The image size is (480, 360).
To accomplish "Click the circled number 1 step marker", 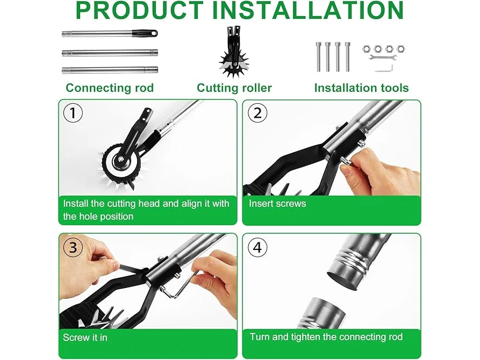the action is click(73, 113).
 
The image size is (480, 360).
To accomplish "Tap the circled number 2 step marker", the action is click(257, 113).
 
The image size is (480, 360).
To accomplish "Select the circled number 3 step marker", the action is click(73, 247).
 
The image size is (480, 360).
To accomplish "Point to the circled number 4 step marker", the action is click(257, 247).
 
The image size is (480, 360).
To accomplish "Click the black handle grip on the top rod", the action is click(145, 33).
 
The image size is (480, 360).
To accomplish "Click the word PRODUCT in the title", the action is click(140, 10).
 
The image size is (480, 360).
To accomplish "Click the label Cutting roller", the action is click(234, 88).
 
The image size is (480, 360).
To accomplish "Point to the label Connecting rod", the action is click(110, 88).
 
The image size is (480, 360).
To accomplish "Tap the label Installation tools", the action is click(362, 88).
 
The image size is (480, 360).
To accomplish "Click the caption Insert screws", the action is click(277, 204).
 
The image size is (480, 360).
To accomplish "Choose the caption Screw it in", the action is click(85, 337).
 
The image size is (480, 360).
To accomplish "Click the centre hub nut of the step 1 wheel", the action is click(120, 159).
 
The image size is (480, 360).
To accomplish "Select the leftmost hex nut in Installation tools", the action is click(367, 49).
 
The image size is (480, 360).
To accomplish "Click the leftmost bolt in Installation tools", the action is click(318, 57).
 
